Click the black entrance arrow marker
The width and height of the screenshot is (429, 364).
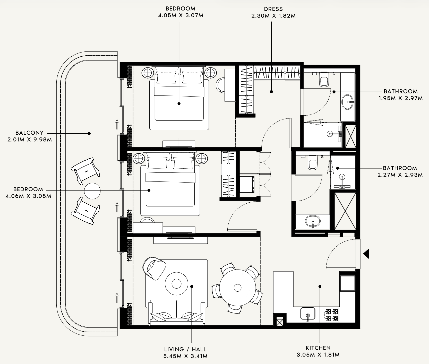pyautogui.click(x=366, y=254)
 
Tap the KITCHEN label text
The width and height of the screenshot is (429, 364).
pyautogui.click(x=318, y=348)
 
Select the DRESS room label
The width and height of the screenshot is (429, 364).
pyautogui.click(x=273, y=9)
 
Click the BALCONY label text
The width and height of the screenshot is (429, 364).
pyautogui.click(x=29, y=133)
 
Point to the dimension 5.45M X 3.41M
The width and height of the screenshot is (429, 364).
pyautogui.click(x=185, y=356)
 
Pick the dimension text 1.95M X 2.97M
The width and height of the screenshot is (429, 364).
pyautogui.click(x=401, y=98)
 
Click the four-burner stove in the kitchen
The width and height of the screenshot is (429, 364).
pyautogui.click(x=331, y=315)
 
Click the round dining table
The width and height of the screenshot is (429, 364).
pyautogui.click(x=238, y=287)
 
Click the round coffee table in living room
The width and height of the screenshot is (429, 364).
pyautogui.click(x=176, y=284)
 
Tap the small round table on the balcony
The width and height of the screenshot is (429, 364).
pyautogui.click(x=92, y=191)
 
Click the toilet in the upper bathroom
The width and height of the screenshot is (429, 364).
pyautogui.click(x=323, y=79)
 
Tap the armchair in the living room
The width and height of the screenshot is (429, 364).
pyautogui.click(x=154, y=268)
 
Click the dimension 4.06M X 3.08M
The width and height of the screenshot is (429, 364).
pyautogui.click(x=28, y=196)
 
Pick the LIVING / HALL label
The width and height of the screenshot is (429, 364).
pyautogui.click(x=185, y=349)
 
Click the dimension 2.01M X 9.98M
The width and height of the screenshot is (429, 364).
pyautogui.click(x=30, y=140)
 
